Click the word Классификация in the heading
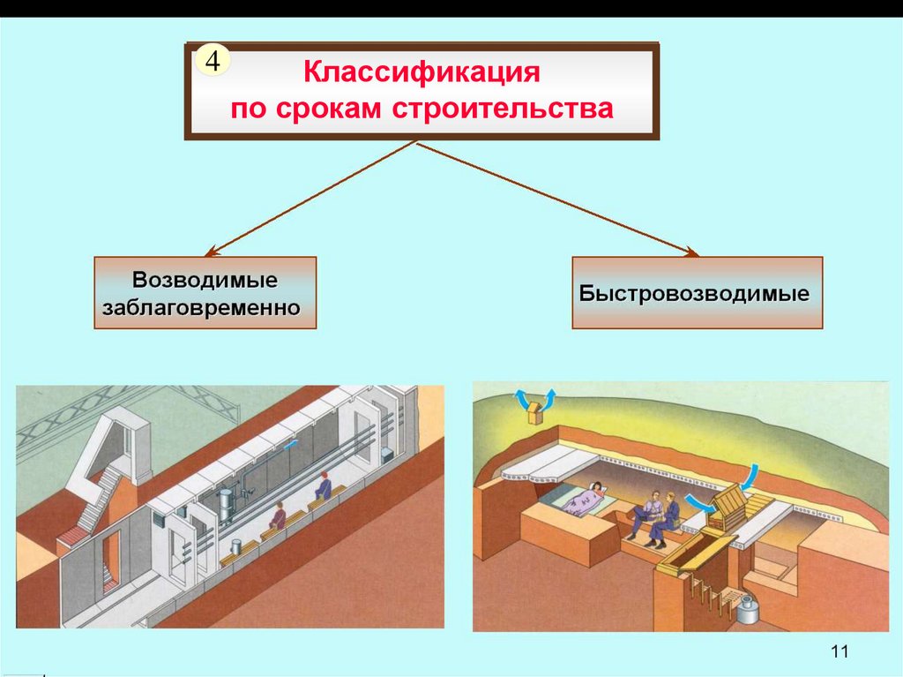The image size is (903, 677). point(422,71)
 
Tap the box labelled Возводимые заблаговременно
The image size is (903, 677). point(205,293)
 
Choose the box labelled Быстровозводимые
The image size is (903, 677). point(697,293)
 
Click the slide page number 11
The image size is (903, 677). point(839,651)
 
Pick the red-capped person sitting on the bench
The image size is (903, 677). point(324,486)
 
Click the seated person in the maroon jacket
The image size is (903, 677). point(279,516)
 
